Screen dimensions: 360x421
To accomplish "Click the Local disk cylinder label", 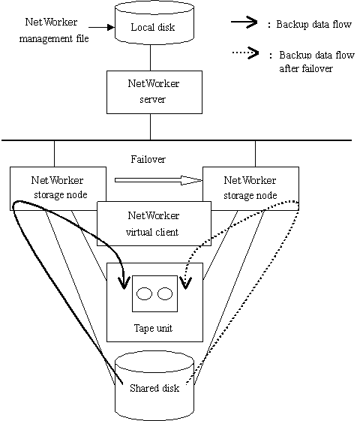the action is pos(153,27).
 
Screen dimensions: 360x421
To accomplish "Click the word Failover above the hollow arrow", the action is pos(148,159).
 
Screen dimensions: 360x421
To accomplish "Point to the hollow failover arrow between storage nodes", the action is pos(158,180).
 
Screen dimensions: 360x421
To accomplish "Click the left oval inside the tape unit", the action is pos(144,293).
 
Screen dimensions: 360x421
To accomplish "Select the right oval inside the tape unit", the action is pos(165,293).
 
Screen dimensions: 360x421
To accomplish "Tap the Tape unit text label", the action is pos(153,329).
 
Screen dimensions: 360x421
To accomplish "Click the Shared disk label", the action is pos(154,388).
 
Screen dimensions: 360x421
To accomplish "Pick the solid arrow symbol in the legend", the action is pos(244,22).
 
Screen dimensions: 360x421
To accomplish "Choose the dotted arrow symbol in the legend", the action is pos(245,53).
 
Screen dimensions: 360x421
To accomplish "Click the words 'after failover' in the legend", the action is pos(306,68).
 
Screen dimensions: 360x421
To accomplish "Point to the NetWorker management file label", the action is pos(54,30).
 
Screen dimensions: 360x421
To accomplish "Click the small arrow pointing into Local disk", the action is pos(102,27).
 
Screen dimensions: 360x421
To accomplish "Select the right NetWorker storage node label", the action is pos(250,188).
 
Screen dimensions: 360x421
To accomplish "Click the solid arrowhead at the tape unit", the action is pos(124,283).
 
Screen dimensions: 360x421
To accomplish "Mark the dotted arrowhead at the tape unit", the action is pos(186,283).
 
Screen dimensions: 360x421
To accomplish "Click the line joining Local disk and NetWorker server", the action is pos(150,58).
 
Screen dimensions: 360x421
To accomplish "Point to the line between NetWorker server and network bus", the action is pos(150,127).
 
